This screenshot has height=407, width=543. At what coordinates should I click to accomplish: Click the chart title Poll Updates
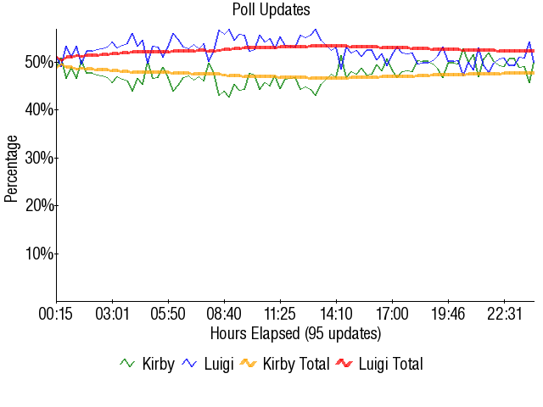(x=271, y=10)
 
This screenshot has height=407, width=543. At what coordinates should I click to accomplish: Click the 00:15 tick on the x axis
(x=56, y=315)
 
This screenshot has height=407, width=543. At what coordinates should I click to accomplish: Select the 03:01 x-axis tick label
(x=112, y=315)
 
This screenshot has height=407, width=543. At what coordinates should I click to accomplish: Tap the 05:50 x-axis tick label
(x=168, y=315)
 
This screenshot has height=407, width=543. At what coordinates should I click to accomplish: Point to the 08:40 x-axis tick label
(x=224, y=315)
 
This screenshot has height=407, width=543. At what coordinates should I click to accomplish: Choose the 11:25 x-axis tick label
(x=280, y=315)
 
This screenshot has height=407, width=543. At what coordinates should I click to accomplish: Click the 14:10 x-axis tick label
(x=336, y=315)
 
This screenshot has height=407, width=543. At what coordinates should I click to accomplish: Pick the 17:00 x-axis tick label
(x=392, y=315)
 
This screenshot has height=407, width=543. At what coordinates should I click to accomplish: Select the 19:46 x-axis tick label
(x=448, y=315)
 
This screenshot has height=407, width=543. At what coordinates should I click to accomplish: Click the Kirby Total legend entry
(x=284, y=364)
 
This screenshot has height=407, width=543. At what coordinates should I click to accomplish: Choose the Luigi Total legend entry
(x=379, y=364)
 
